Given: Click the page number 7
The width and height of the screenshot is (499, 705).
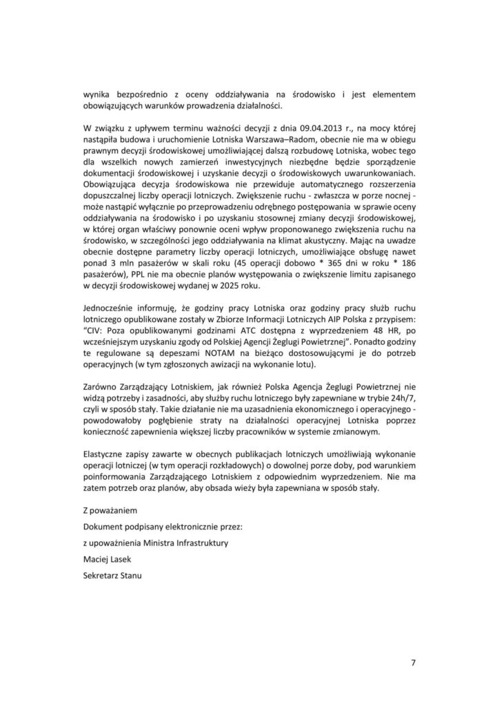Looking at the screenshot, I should (412, 663).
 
